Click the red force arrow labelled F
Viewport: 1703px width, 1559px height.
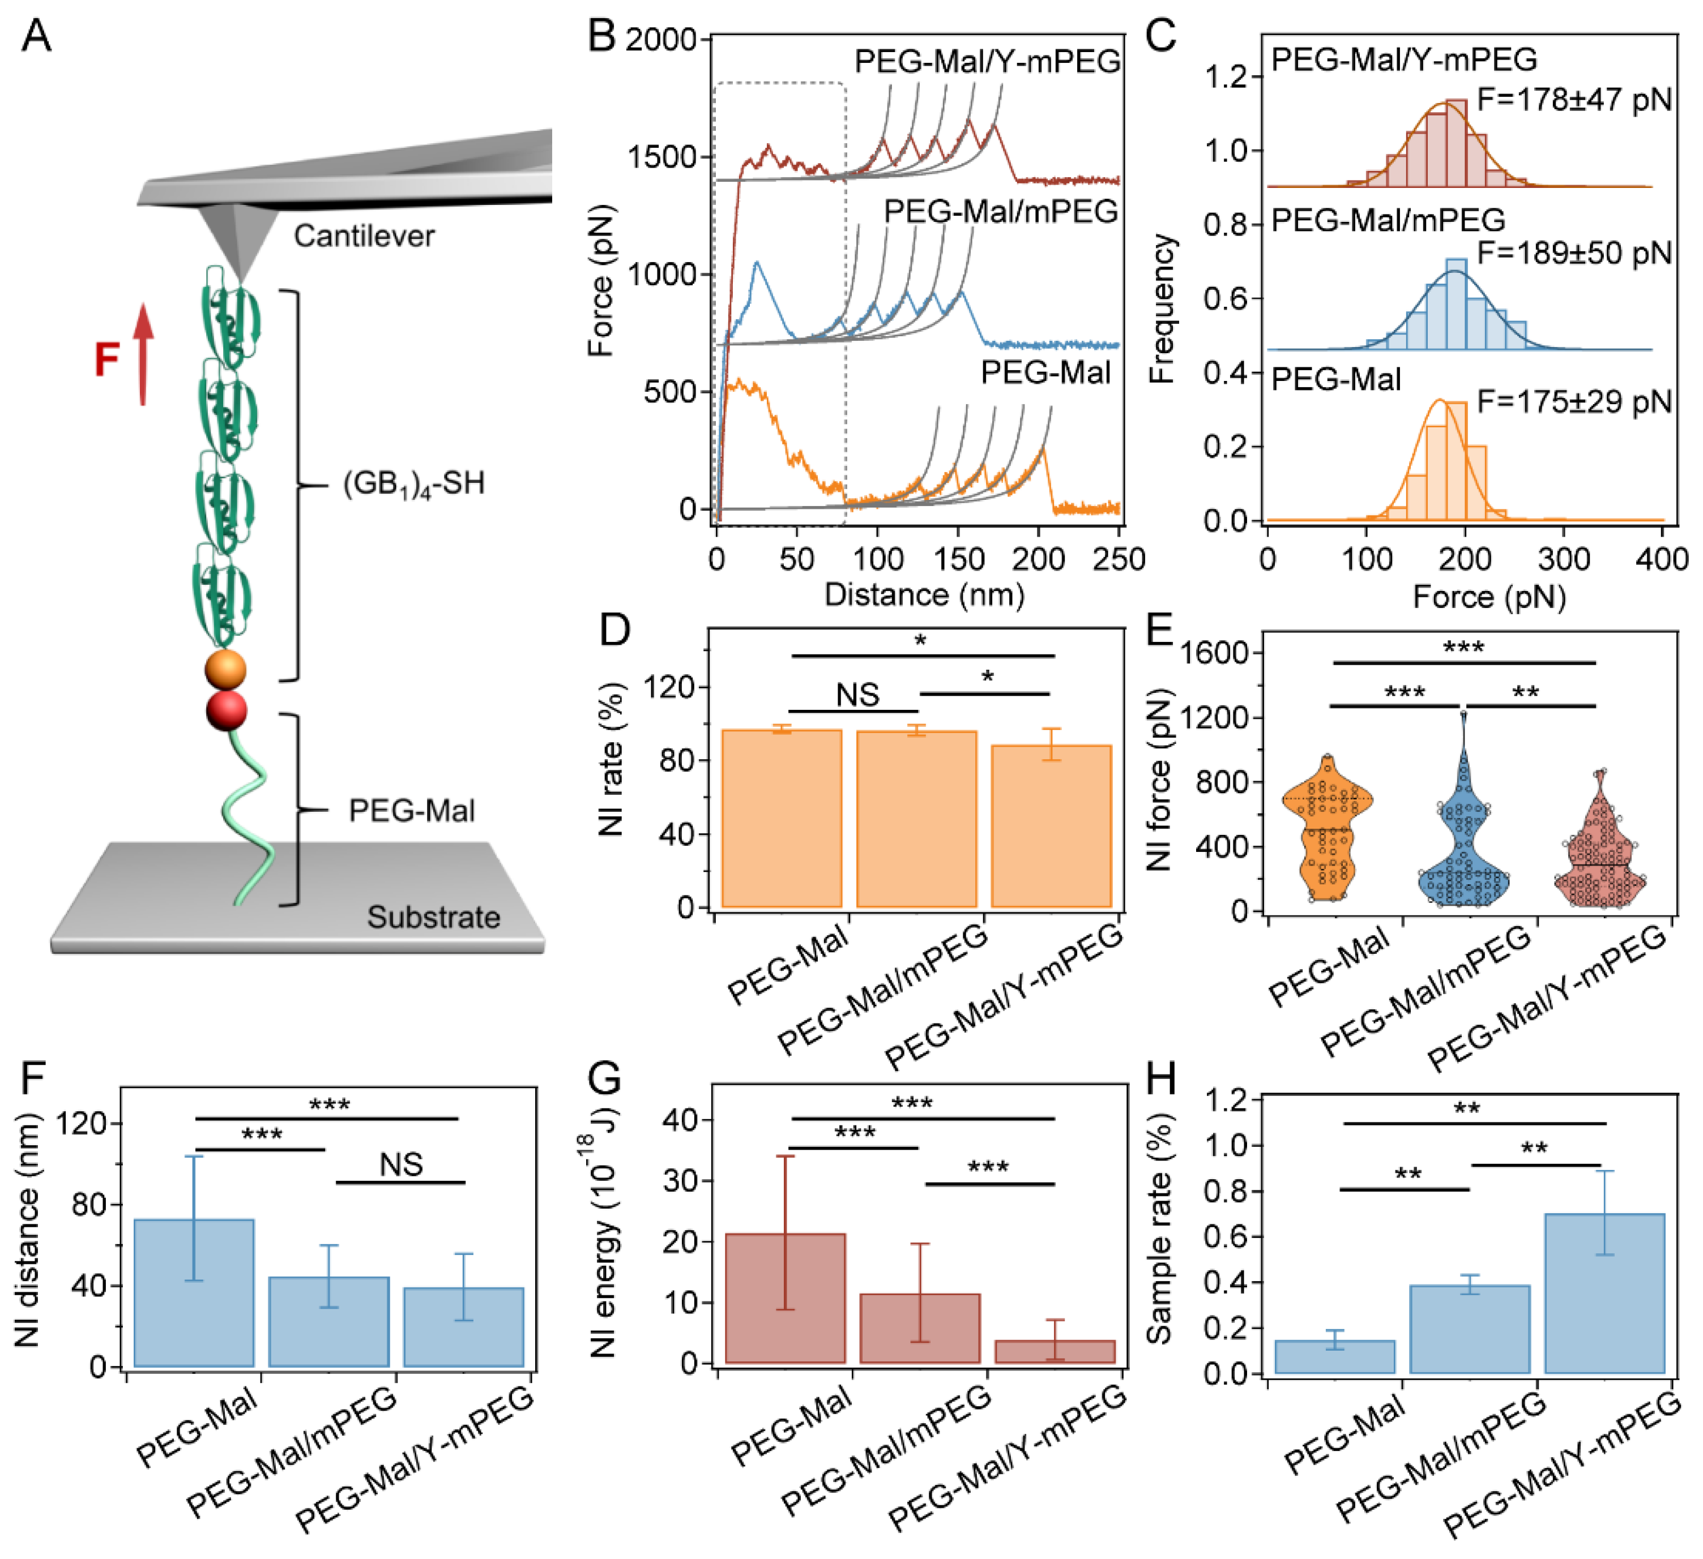pos(143,355)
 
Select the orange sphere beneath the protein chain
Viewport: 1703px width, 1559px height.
pos(225,671)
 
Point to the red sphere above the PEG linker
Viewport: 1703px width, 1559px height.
pos(227,710)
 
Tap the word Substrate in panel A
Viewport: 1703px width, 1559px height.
pos(433,917)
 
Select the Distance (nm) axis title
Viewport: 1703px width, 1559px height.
pos(924,596)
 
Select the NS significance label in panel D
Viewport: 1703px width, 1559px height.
pos(857,695)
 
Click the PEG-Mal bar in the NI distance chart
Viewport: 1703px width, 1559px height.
pos(194,1293)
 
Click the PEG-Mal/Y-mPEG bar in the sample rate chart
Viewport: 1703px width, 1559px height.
pos(1604,1293)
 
